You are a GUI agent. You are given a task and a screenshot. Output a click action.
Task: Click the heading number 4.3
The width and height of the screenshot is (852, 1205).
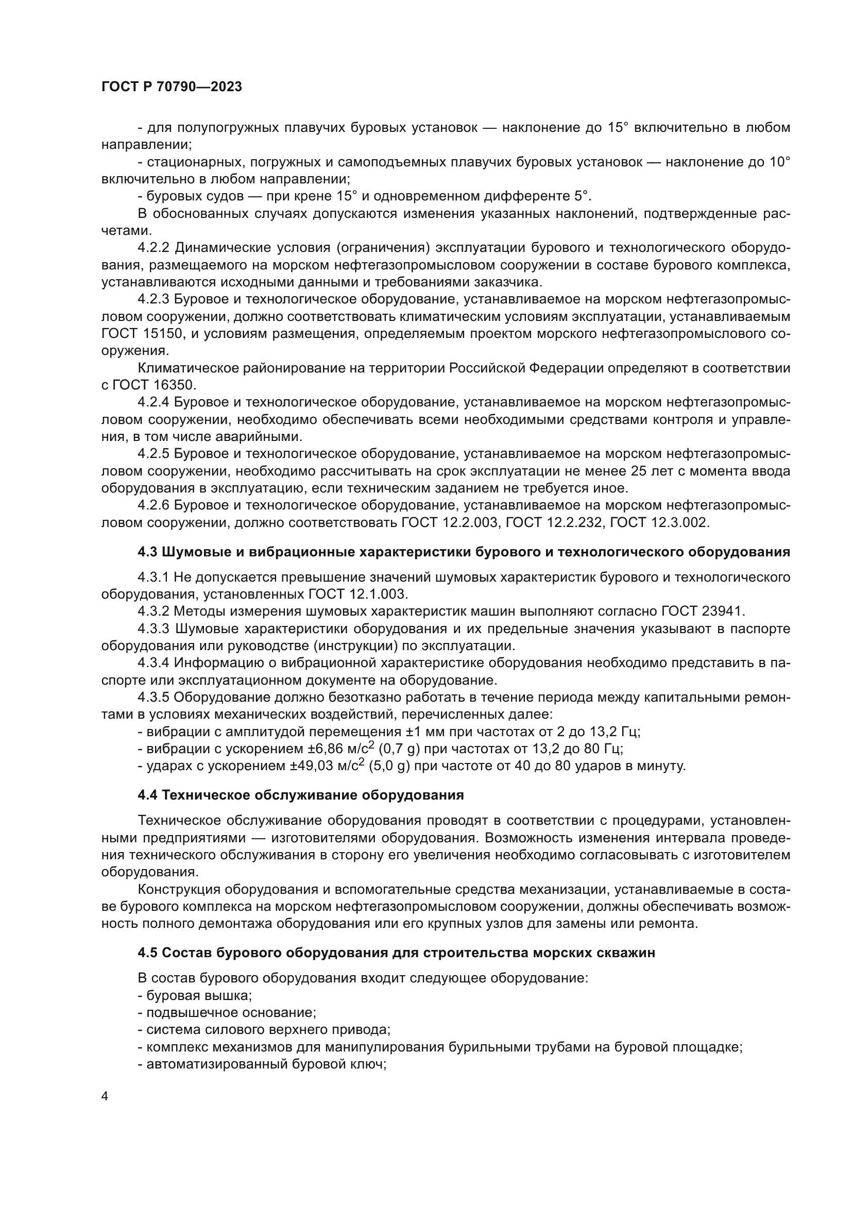pyautogui.click(x=148, y=552)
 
